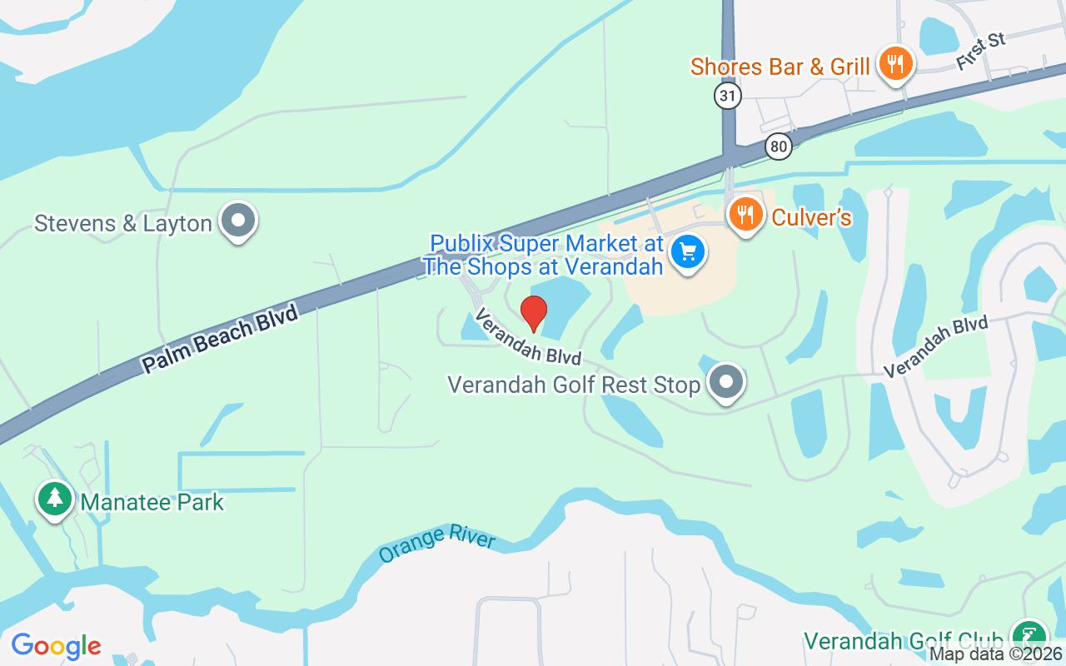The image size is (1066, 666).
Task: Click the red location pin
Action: click(533, 313)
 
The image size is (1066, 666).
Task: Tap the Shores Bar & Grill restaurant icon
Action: click(895, 64)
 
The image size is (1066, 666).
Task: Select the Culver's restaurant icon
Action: click(746, 215)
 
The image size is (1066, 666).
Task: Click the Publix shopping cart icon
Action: click(688, 251)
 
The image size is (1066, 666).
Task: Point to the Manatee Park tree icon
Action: click(55, 499)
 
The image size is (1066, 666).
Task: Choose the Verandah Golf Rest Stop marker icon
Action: click(726, 382)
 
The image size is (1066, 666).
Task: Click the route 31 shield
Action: click(727, 96)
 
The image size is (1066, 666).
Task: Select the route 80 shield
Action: click(778, 147)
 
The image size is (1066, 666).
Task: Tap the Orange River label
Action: click(436, 544)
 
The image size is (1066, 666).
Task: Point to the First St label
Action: click(981, 52)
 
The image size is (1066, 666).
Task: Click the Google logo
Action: click(56, 645)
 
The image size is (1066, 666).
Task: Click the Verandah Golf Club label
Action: click(903, 641)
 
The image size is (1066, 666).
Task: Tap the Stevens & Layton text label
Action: click(123, 223)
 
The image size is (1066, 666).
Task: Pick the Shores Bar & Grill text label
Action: click(780, 67)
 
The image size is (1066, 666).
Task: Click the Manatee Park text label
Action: click(152, 502)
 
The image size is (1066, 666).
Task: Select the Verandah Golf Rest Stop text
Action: click(574, 385)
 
